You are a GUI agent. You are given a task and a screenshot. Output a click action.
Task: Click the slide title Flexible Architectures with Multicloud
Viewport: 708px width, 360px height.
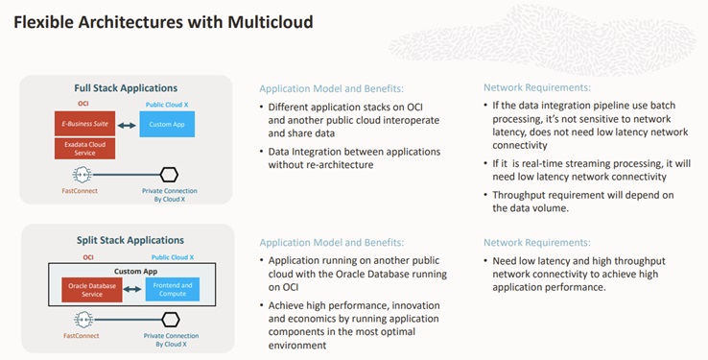coord(163,20)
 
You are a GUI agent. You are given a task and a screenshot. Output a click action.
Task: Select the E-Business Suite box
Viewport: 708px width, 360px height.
coord(83,124)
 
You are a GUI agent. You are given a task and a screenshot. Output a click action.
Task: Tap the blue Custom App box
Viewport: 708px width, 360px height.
coord(166,124)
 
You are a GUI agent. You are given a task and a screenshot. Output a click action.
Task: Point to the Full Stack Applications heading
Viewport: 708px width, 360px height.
coord(126,88)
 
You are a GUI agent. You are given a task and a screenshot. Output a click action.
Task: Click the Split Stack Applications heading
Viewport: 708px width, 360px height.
coord(126,239)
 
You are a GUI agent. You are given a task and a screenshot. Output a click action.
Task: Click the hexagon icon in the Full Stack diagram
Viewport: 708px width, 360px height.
coord(169,174)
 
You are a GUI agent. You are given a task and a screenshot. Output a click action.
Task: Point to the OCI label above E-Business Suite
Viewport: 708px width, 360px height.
coord(83,104)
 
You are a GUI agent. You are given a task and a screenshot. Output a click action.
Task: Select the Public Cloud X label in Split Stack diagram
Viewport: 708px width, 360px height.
coord(173,257)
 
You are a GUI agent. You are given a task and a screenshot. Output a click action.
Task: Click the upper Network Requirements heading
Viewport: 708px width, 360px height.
coord(537,87)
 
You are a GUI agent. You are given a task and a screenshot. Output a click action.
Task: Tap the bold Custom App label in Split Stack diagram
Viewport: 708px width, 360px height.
coord(130,272)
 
